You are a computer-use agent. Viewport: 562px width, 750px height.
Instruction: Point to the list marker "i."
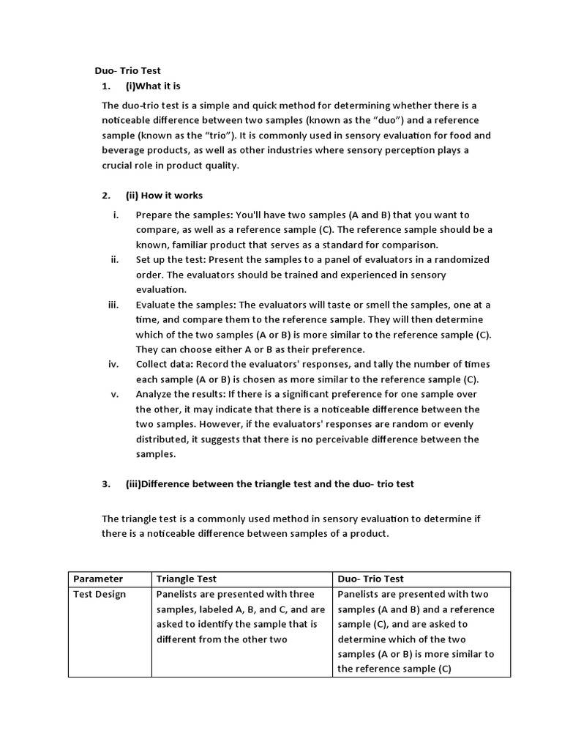pos(115,215)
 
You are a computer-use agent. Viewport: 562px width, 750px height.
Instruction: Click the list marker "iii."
pos(113,305)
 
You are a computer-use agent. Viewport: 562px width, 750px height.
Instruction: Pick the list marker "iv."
pos(113,364)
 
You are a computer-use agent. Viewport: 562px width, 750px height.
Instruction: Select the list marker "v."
pos(114,394)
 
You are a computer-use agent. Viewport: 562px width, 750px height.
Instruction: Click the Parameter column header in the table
pos(98,579)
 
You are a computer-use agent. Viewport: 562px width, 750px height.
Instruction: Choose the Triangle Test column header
pos(187,579)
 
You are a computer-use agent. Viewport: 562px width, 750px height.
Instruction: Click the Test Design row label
pos(100,594)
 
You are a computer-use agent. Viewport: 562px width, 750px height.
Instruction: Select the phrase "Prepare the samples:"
pos(181,215)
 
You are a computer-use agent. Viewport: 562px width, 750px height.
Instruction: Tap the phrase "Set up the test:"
pos(171,259)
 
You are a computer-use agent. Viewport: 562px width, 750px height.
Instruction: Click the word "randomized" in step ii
pos(462,259)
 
